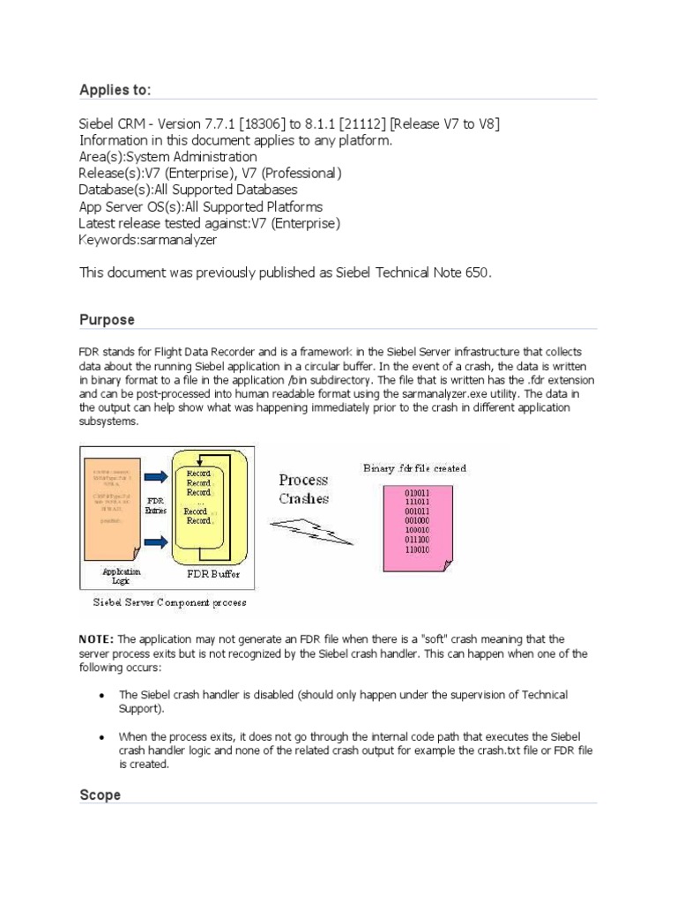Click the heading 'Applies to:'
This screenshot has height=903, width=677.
click(115, 89)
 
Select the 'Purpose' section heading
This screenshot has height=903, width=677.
click(107, 319)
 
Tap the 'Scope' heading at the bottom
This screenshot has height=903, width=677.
click(100, 795)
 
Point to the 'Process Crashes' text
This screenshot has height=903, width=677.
click(303, 489)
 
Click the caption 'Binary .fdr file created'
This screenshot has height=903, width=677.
click(415, 468)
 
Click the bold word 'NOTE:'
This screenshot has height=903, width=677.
click(97, 638)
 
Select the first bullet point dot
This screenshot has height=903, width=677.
click(101, 696)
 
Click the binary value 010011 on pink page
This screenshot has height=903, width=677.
click(417, 492)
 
